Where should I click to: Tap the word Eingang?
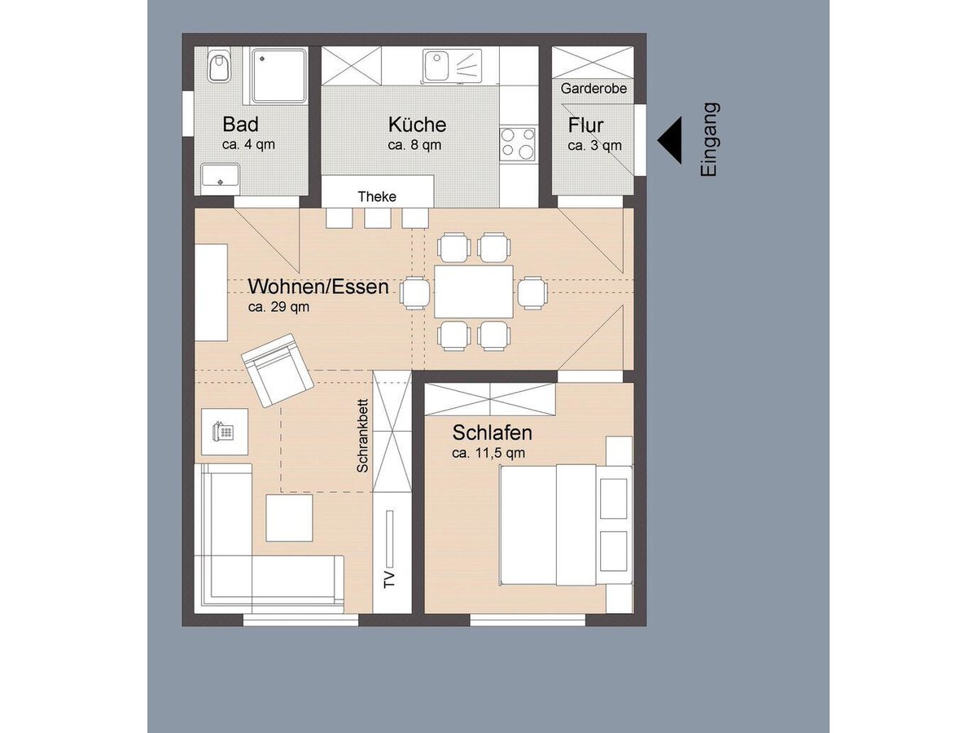pos(708,140)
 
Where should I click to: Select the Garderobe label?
pos(594,89)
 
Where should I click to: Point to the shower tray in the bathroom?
pos(278,76)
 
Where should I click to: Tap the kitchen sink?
pos(452,66)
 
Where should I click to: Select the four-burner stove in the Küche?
pos(518,144)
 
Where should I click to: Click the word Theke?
pos(377,196)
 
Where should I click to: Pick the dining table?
pos(474,292)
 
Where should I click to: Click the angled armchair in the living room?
pos(277,371)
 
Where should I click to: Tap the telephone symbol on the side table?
pos(223,431)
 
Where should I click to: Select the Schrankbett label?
pos(363,435)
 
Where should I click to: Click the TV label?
pos(389,580)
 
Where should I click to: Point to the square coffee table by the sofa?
pos(289,518)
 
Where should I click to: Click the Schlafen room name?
pos(493,432)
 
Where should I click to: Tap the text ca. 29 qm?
pos(278,307)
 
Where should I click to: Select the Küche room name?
pos(417,124)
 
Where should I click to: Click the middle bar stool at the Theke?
pos(378,218)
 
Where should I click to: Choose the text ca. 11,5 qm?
pos(488,453)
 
